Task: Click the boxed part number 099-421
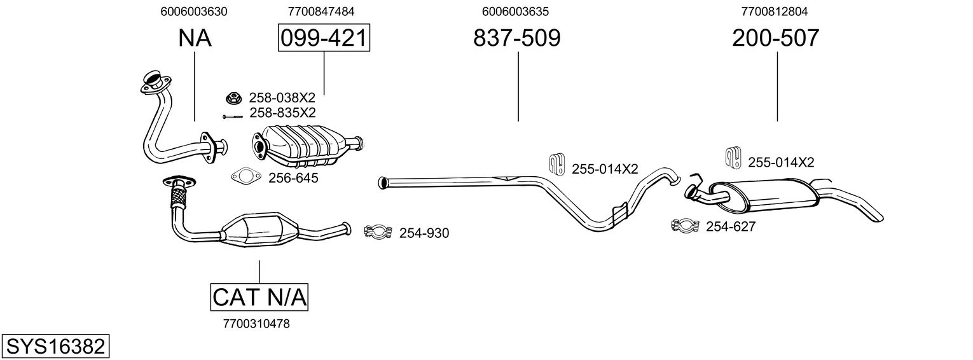[x=324, y=38]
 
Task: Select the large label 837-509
[x=517, y=38]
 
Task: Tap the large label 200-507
[x=775, y=38]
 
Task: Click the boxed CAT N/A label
[x=259, y=297]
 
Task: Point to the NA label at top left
[x=195, y=38]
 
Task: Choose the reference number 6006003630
[x=195, y=11]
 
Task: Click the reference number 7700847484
[x=321, y=11]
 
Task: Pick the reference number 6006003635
[x=516, y=11]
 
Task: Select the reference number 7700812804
[x=775, y=11]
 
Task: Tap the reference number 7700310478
[x=257, y=324]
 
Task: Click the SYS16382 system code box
[x=55, y=347]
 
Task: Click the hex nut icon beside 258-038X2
[x=234, y=99]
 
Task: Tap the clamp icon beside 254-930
[x=376, y=232]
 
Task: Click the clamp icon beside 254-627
[x=684, y=225]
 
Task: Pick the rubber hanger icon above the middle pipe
[x=557, y=164]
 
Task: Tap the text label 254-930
[x=424, y=233]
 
